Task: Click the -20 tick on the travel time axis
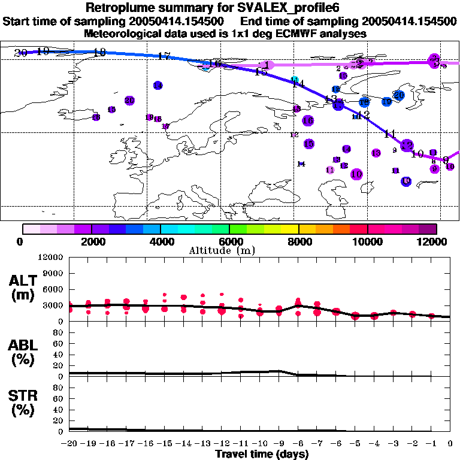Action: tap(69, 443)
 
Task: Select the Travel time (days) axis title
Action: tap(262, 454)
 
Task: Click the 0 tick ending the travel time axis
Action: tap(450, 443)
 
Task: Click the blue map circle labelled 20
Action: tap(398, 95)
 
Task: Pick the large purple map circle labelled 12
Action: tap(407, 145)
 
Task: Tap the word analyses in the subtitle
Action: tap(341, 34)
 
